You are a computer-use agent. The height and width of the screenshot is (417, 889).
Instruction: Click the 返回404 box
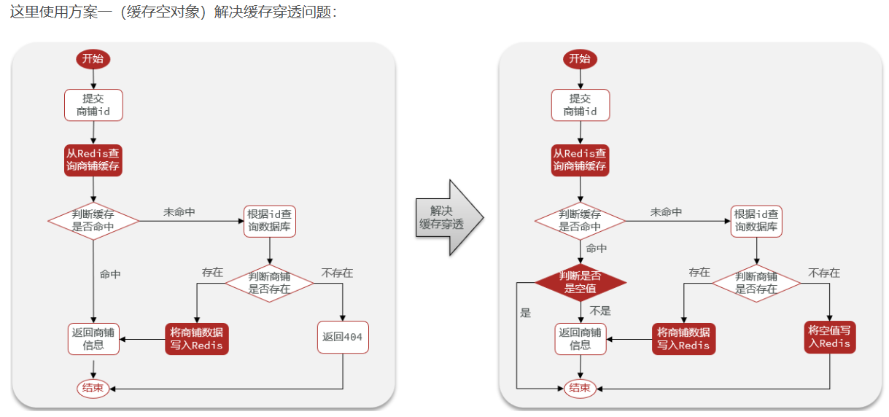tap(342, 338)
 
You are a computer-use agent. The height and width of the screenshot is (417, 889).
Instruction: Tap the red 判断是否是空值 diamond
tap(581, 282)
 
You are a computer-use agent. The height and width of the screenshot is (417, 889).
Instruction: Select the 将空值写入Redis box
tap(829, 337)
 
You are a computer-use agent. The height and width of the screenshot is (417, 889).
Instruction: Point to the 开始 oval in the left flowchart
tap(93, 59)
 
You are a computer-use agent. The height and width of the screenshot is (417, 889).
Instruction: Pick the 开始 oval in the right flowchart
tap(580, 59)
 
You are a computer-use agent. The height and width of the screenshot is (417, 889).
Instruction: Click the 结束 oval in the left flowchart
tap(93, 388)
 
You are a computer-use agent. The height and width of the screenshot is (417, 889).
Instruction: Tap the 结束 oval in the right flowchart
tap(580, 388)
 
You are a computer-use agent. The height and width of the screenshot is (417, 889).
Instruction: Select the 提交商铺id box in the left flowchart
tap(93, 105)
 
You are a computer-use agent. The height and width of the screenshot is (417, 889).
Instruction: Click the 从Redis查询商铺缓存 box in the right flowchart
tap(580, 160)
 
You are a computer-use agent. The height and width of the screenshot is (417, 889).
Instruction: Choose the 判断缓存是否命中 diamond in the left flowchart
tap(93, 220)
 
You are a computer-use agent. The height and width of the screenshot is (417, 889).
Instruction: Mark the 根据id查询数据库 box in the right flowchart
tap(756, 220)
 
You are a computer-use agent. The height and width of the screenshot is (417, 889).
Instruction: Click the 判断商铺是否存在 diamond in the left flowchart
tap(269, 283)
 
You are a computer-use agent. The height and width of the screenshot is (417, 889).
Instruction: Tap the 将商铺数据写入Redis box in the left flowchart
tap(196, 338)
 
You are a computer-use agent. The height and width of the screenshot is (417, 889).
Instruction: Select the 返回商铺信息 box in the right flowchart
tap(581, 338)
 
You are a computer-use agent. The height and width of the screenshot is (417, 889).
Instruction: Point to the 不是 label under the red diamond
tap(599, 311)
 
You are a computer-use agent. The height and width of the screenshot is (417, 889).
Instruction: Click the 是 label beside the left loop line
tap(525, 313)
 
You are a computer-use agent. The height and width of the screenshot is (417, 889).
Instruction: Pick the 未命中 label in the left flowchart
tap(179, 212)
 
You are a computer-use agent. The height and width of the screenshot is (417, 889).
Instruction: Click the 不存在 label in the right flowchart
tap(823, 273)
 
